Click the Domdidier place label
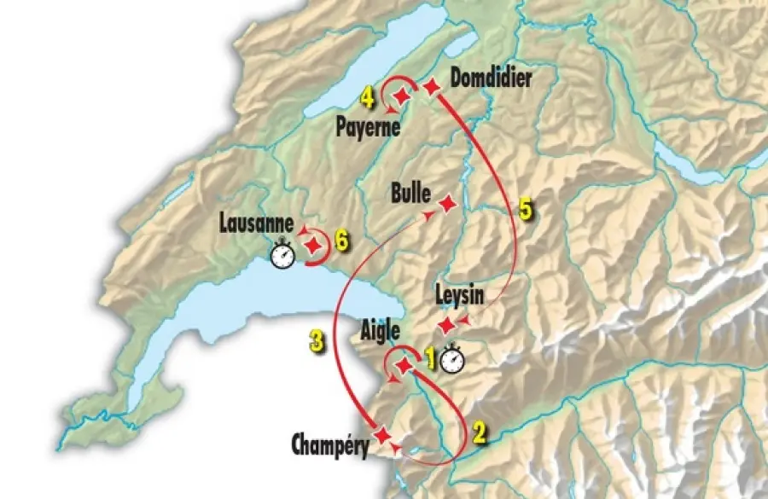(x=491, y=79)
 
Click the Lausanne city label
(x=255, y=228)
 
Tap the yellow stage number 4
(x=367, y=100)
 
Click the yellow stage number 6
(x=341, y=241)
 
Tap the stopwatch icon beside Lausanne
(x=282, y=254)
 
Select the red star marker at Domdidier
(x=433, y=86)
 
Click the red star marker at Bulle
(x=447, y=203)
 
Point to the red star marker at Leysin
(x=446, y=325)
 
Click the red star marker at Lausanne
(x=314, y=245)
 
